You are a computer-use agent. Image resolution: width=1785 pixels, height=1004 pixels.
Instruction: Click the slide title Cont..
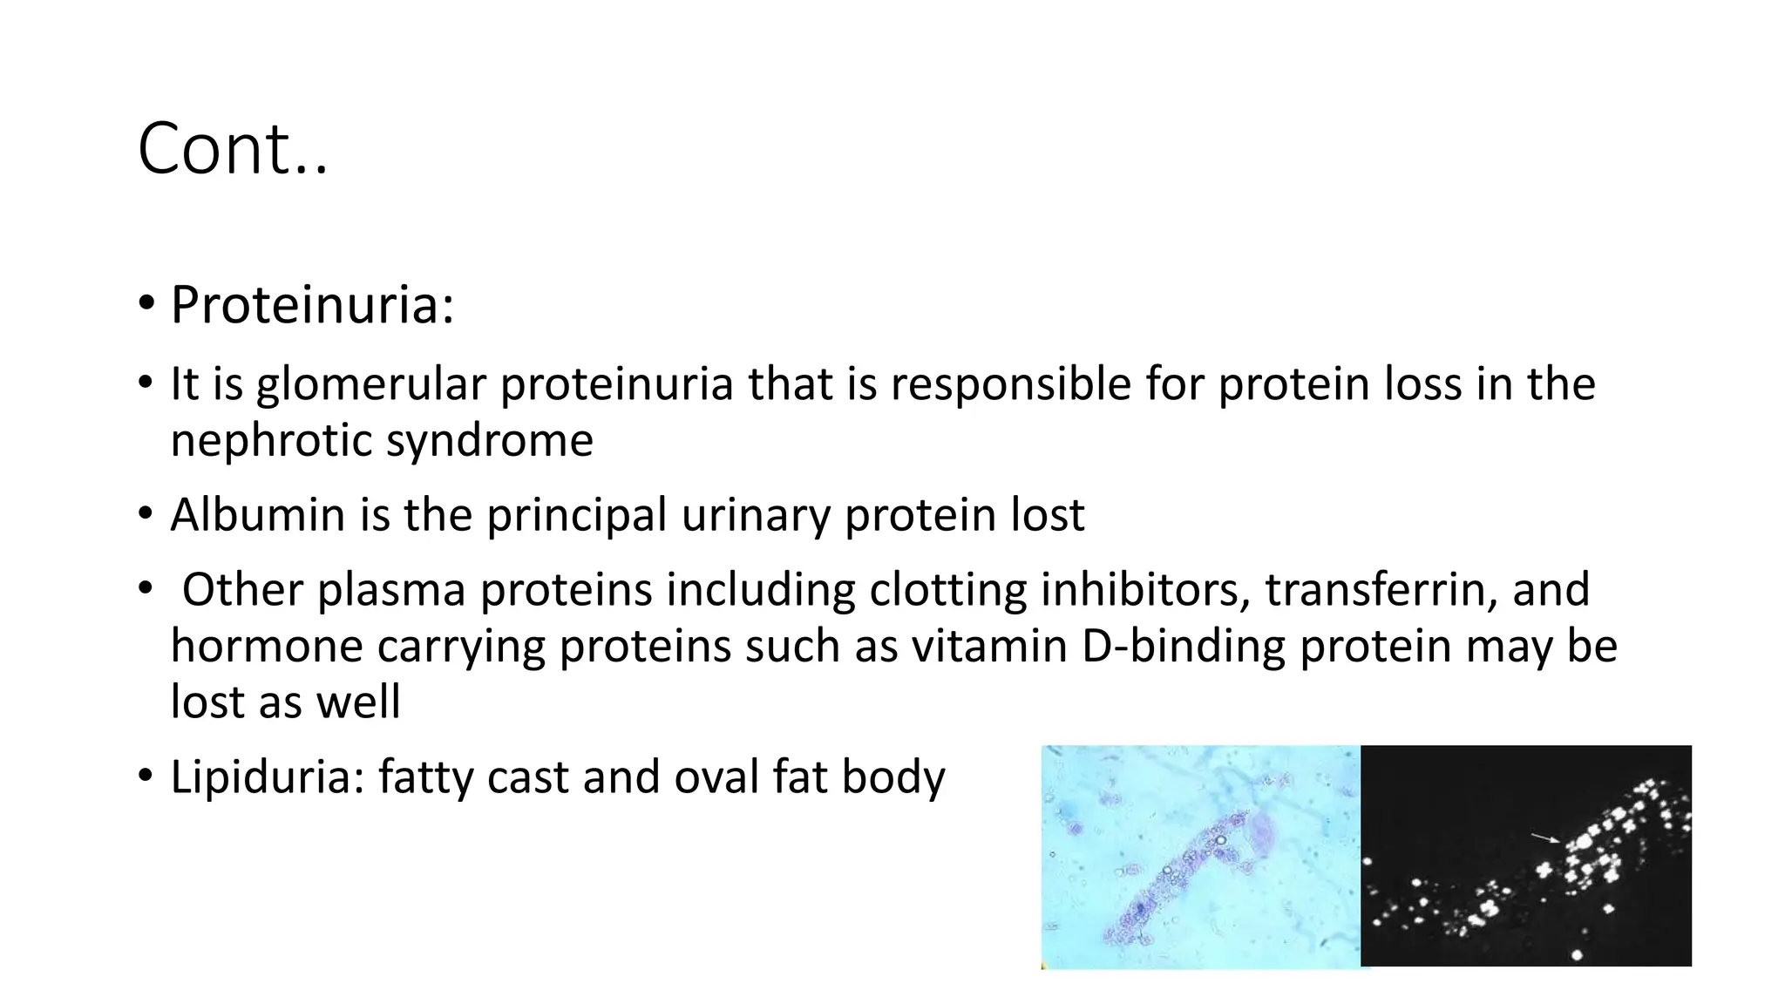click(232, 149)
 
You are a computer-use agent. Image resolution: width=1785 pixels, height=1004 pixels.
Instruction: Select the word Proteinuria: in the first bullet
click(312, 305)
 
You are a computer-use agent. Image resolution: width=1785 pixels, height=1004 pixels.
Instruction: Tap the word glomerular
click(370, 384)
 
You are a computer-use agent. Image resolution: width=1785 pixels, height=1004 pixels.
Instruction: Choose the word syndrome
click(489, 440)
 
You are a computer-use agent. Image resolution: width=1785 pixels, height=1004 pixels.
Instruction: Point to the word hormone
click(266, 647)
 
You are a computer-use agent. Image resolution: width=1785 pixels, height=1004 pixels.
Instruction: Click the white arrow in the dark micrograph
click(1546, 838)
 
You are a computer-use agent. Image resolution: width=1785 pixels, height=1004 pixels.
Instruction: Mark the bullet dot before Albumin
click(145, 513)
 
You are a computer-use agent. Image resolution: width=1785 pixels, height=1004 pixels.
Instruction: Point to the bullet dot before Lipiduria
click(145, 775)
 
